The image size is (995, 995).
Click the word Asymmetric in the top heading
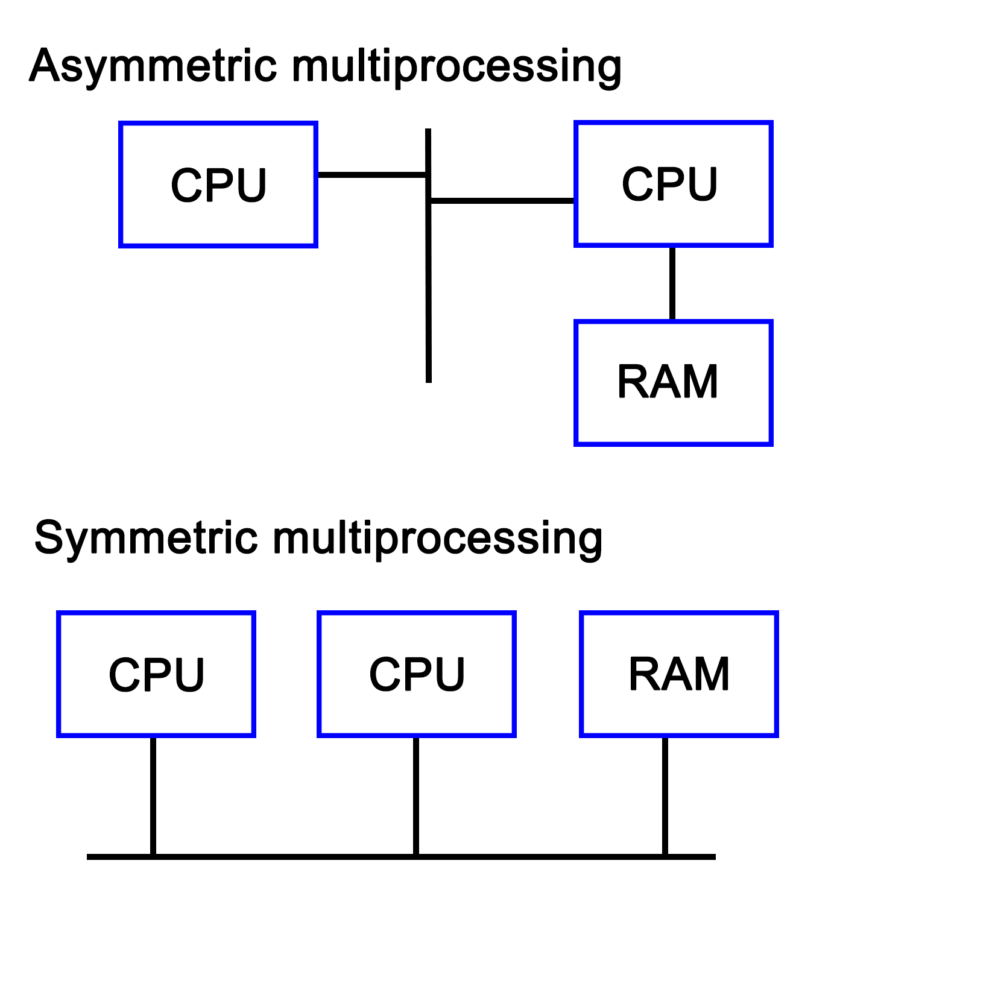[153, 66]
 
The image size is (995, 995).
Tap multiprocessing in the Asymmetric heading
[456, 66]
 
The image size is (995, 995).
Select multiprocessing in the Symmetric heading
[437, 538]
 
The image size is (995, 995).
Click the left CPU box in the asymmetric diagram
[218, 185]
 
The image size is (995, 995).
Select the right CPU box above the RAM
[673, 184]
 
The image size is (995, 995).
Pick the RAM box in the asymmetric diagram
[673, 383]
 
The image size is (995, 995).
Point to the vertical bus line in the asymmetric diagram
[429, 289]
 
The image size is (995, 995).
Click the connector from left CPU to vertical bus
[371, 175]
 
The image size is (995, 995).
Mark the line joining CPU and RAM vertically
[672, 283]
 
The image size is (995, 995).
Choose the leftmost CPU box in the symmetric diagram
[156, 674]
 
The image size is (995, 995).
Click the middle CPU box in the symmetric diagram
[417, 674]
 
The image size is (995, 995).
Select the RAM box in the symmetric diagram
[679, 674]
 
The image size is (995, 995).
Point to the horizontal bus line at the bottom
[543, 856]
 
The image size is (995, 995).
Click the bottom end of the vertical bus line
[429, 380]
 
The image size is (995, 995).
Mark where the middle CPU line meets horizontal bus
[416, 856]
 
